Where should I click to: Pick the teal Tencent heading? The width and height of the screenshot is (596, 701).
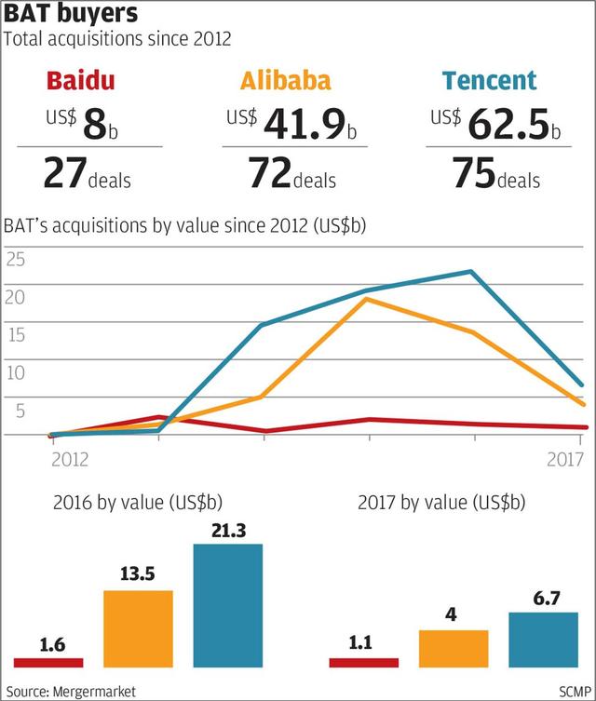(491, 82)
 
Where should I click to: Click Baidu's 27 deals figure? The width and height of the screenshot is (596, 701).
(87, 174)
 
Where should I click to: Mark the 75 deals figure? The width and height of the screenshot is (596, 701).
(494, 174)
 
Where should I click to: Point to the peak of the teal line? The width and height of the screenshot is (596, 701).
(472, 272)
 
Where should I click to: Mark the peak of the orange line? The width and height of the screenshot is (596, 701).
(367, 300)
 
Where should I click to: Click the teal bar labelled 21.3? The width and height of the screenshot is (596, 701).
(228, 605)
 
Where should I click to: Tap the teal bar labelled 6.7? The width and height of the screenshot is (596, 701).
(544, 640)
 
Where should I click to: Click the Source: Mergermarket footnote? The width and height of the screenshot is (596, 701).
(64, 691)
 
